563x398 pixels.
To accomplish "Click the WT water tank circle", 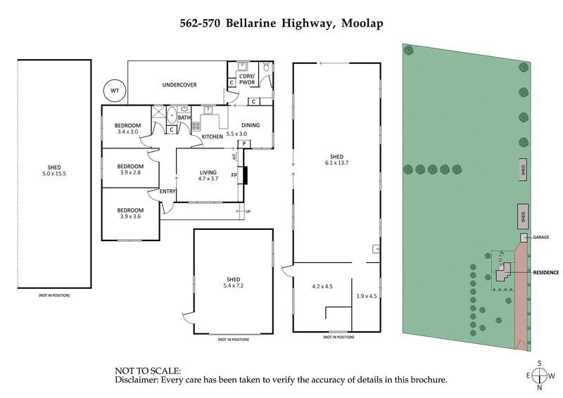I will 113,90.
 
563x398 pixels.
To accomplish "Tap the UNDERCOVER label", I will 179,85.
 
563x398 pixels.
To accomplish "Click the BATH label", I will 184,117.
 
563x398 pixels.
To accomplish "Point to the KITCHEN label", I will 213,136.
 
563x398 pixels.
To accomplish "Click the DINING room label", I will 251,125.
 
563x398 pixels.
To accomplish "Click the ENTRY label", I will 167,191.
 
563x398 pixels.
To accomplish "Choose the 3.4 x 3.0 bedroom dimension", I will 128,132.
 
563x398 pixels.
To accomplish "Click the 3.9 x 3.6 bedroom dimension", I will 130,217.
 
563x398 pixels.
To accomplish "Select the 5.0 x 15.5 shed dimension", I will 54,174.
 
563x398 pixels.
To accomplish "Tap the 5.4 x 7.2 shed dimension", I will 233,286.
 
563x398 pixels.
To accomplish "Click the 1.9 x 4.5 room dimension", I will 367,296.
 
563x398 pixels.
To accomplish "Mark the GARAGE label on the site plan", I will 540,238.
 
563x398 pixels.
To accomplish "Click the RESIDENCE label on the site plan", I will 545,271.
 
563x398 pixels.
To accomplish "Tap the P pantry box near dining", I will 243,143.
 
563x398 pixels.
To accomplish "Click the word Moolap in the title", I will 362,23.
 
